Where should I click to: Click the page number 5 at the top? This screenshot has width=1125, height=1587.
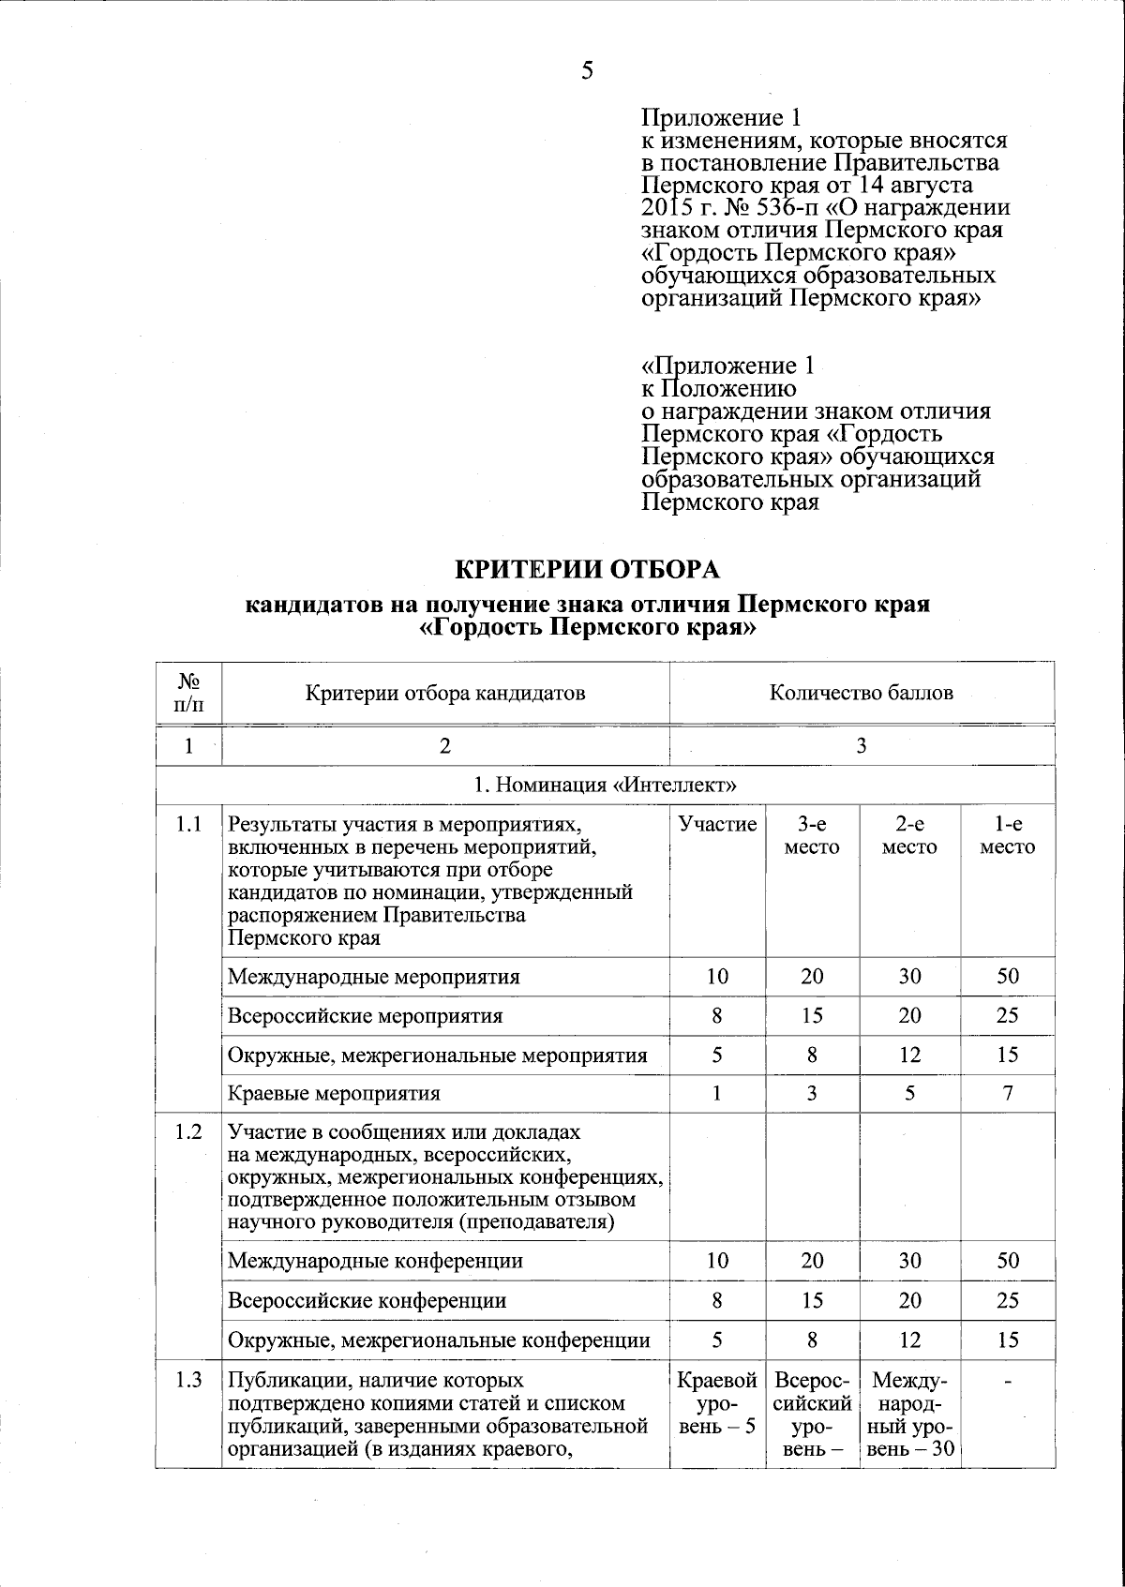pyautogui.click(x=587, y=70)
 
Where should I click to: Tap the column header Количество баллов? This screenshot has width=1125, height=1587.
pyautogui.click(x=861, y=693)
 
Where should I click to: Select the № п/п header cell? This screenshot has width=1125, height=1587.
pyautogui.click(x=189, y=693)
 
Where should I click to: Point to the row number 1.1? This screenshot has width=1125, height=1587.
pyautogui.click(x=188, y=825)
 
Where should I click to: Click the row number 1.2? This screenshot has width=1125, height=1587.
pyautogui.click(x=188, y=1132)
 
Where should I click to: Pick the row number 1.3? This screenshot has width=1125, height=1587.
pyautogui.click(x=188, y=1380)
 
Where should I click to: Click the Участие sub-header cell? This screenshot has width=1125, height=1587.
pyautogui.click(x=717, y=825)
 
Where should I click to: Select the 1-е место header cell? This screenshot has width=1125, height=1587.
pyautogui.click(x=1007, y=835)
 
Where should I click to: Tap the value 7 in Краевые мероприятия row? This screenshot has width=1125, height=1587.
pyautogui.click(x=1007, y=1093)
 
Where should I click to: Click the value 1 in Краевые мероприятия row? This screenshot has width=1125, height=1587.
pyautogui.click(x=717, y=1093)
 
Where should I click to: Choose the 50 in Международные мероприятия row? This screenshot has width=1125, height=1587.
pyautogui.click(x=1007, y=976)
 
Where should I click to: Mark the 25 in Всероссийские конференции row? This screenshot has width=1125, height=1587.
pyautogui.click(x=1007, y=1300)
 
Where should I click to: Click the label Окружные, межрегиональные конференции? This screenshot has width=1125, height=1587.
pyautogui.click(x=439, y=1340)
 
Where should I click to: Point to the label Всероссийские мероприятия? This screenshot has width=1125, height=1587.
pyautogui.click(x=366, y=1015)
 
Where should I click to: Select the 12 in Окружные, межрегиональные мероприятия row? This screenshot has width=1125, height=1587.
pyautogui.click(x=908, y=1055)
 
